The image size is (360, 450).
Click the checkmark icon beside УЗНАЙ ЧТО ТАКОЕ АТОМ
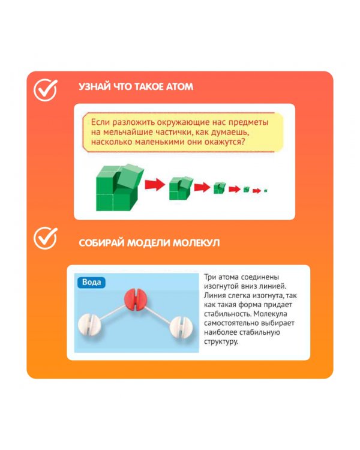click(x=46, y=90)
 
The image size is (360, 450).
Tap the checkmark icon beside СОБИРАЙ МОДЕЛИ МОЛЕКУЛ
click(x=46, y=238)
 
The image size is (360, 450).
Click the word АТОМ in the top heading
click(x=180, y=86)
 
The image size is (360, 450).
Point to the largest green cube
click(x=119, y=188)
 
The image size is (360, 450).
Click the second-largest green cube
click(x=181, y=188)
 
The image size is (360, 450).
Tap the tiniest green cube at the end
click(x=266, y=190)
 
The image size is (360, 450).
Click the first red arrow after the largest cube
click(x=155, y=185)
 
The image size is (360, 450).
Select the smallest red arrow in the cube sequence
click(x=257, y=191)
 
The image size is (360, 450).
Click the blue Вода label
click(x=91, y=283)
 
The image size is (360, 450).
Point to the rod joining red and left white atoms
click(x=113, y=312)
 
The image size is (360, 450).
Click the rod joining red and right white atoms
click(x=158, y=313)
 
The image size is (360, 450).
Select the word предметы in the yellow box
click(x=248, y=122)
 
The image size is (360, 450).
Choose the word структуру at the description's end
click(x=221, y=342)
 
